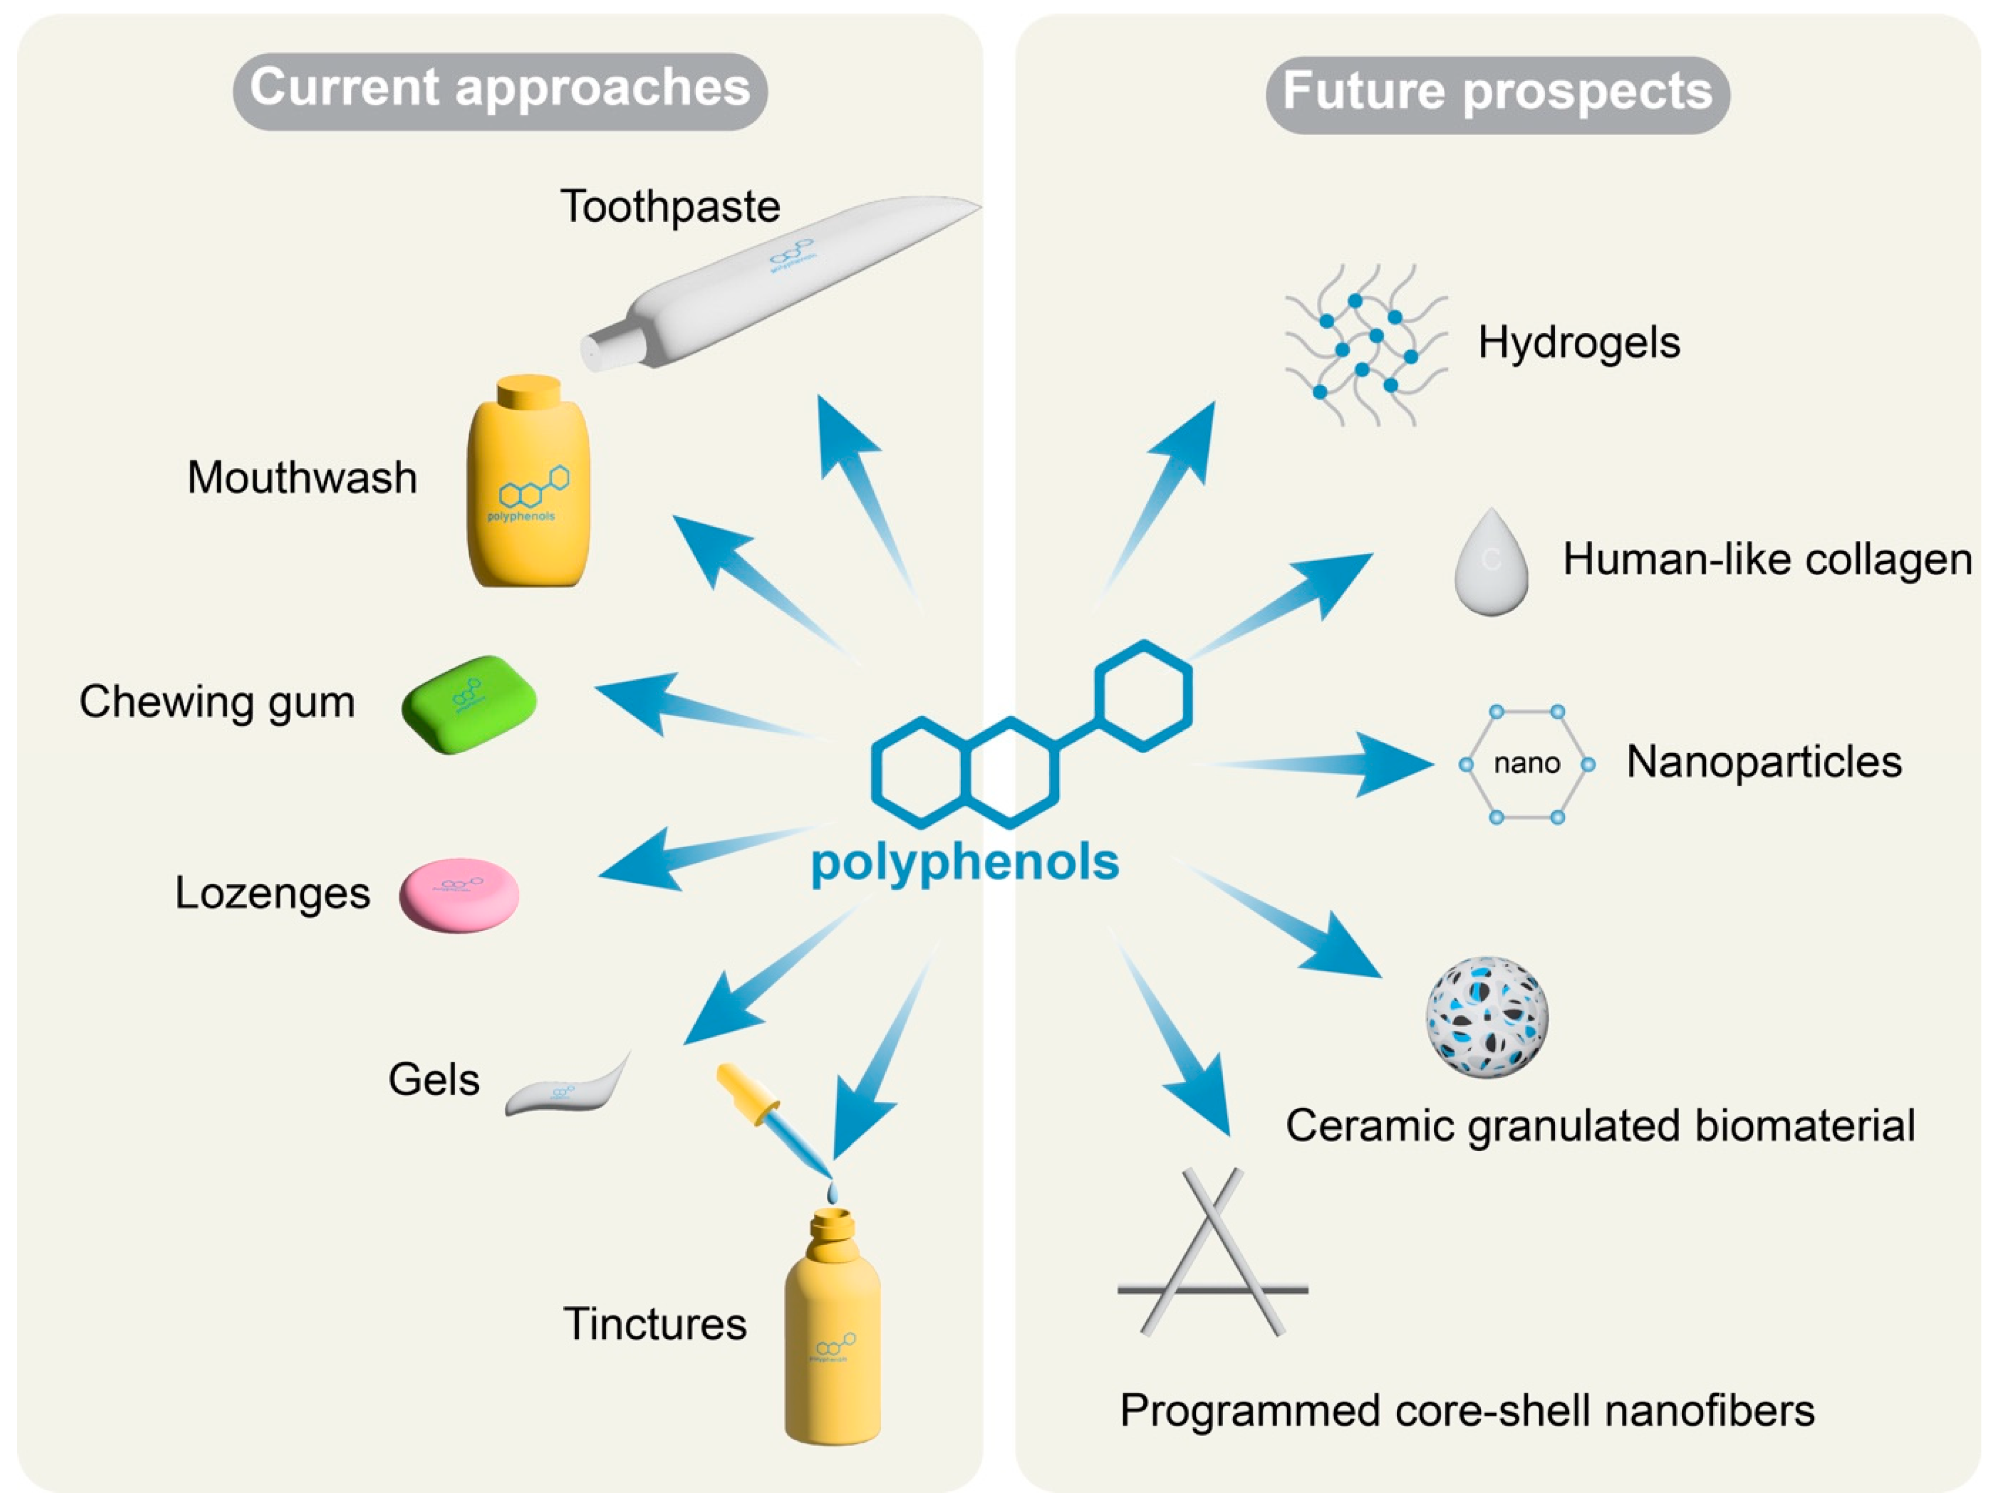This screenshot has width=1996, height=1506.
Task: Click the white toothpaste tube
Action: [776, 280]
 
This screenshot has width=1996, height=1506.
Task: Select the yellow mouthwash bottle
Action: [529, 496]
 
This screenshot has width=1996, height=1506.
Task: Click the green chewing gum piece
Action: [469, 704]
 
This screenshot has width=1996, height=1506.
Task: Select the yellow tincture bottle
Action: [832, 1335]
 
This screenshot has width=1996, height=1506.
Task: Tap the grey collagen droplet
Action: [1491, 564]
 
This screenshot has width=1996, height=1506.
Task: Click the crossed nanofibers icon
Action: [1212, 1254]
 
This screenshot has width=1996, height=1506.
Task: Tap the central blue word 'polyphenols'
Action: [965, 862]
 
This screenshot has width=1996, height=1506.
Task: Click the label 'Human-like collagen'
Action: [1767, 560]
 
